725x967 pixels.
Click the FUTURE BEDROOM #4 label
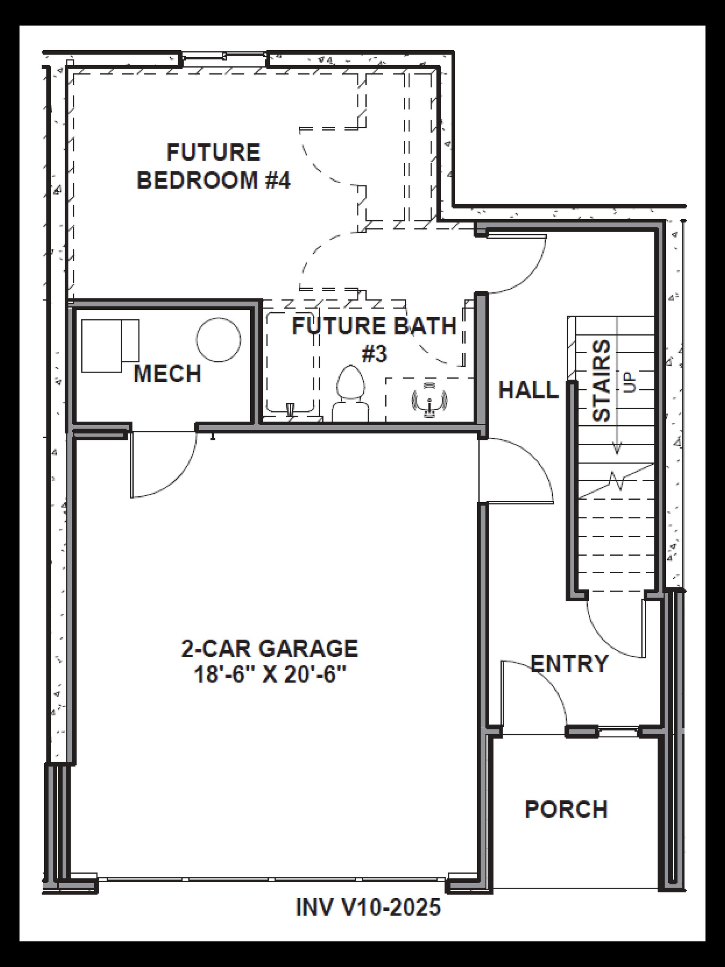(213, 166)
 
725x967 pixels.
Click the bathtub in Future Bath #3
(290, 362)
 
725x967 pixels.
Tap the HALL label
(528, 390)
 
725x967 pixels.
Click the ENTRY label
(569, 663)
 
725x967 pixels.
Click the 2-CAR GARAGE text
(270, 648)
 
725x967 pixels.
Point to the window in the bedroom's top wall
(224, 56)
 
